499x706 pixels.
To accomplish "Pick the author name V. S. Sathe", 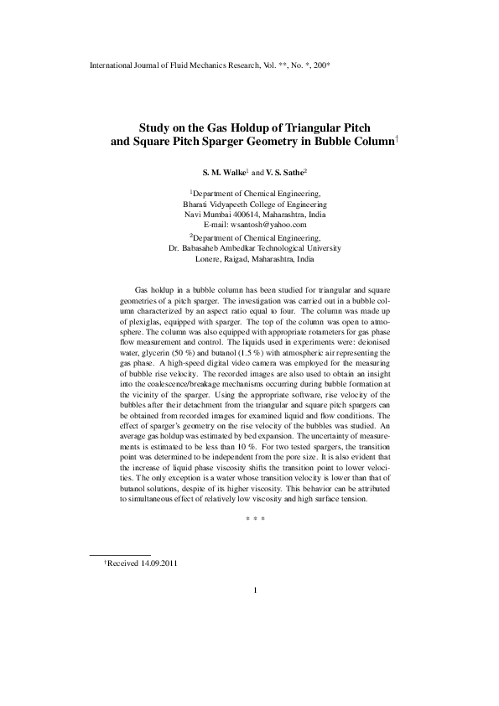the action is [285, 171].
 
